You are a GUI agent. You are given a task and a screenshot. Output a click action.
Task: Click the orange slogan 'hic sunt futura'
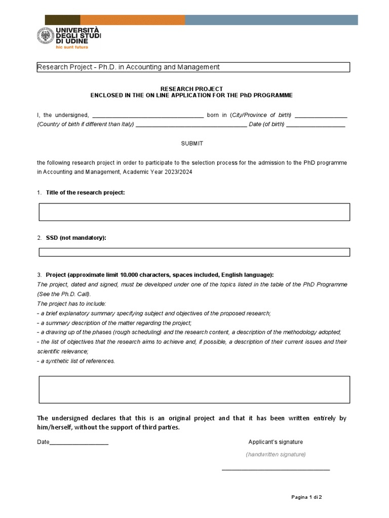[72, 47]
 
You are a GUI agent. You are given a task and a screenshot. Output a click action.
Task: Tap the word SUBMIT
[192, 144]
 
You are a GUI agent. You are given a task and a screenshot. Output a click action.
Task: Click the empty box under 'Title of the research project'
[194, 212]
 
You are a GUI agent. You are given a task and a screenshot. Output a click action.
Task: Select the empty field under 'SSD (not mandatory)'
[194, 252]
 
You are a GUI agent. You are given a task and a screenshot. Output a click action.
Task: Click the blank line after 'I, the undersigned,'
[147, 116]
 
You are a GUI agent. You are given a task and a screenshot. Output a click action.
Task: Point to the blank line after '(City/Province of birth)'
[321, 116]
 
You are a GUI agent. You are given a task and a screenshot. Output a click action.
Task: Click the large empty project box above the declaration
[194, 390]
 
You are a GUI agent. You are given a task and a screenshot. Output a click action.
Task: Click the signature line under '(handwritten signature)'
[276, 470]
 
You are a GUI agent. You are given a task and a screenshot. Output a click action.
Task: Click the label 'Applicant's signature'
[276, 442]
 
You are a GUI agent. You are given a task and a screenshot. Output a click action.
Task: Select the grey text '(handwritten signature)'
[276, 454]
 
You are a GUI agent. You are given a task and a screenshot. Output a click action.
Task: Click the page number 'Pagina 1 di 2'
[306, 497]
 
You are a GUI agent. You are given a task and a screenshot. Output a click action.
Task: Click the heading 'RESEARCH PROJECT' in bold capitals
[191, 89]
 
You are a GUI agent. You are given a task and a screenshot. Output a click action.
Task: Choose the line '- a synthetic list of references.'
[76, 361]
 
